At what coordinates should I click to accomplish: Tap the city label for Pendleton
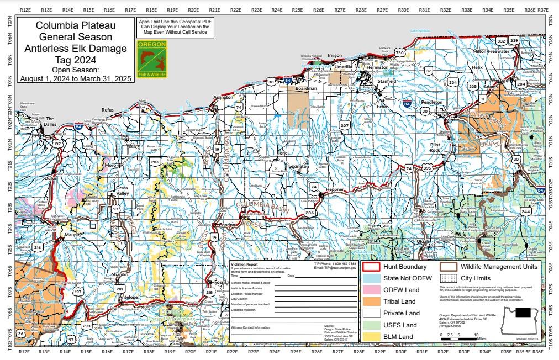tap(432, 102)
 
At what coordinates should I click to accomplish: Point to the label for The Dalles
tap(51, 121)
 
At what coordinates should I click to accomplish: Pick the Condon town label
tap(228, 225)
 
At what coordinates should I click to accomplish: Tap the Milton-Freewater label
tap(491, 51)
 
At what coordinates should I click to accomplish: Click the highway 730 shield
tap(399, 52)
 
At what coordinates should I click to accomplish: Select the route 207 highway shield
tap(345, 126)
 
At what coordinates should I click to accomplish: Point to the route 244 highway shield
tap(525, 211)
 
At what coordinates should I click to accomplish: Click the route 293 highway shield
tap(86, 326)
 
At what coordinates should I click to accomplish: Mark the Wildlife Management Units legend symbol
tap(448, 267)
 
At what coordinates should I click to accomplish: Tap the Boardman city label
tap(305, 88)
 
